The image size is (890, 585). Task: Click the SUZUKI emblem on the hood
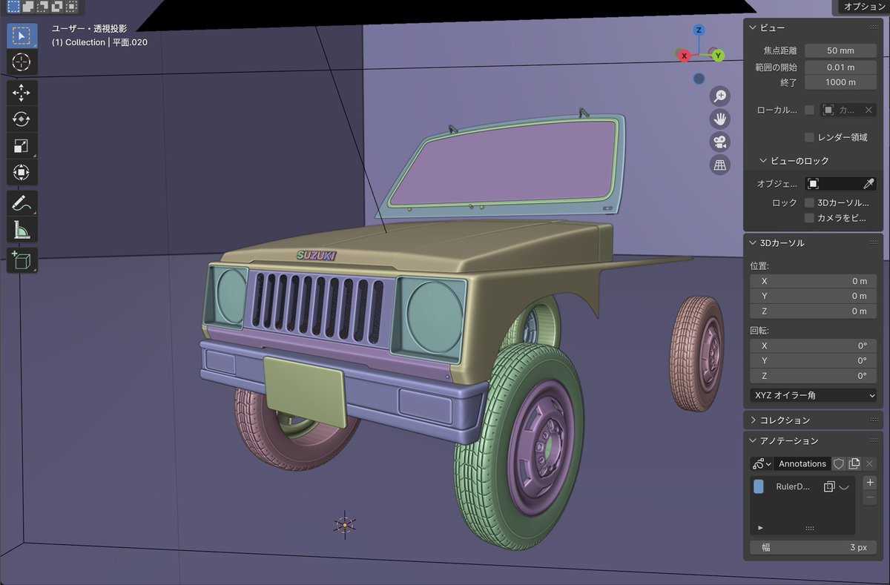(317, 255)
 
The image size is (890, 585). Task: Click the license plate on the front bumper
(305, 391)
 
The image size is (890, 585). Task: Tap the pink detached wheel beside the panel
(697, 354)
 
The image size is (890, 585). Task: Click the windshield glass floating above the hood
(504, 163)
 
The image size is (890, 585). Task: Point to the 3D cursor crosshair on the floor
(344, 525)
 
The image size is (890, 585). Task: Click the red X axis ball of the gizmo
(684, 56)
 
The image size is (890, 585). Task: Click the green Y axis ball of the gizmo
(718, 56)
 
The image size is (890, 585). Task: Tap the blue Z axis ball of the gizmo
(699, 30)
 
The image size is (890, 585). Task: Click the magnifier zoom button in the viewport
(720, 96)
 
